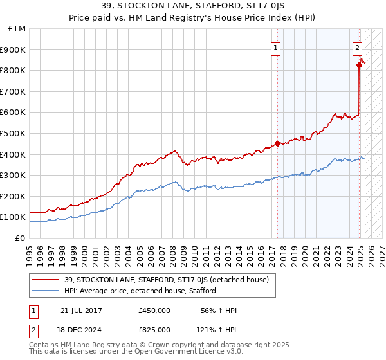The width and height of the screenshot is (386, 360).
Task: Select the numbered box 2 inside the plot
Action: pyautogui.click(x=357, y=46)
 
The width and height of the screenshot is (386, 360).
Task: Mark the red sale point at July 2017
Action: pyautogui.click(x=277, y=143)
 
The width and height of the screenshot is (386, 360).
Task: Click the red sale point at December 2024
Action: pyautogui.click(x=359, y=65)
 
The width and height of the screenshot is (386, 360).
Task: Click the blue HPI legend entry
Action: pyautogui.click(x=140, y=291)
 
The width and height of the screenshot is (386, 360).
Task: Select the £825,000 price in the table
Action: pyautogui.click(x=154, y=329)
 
